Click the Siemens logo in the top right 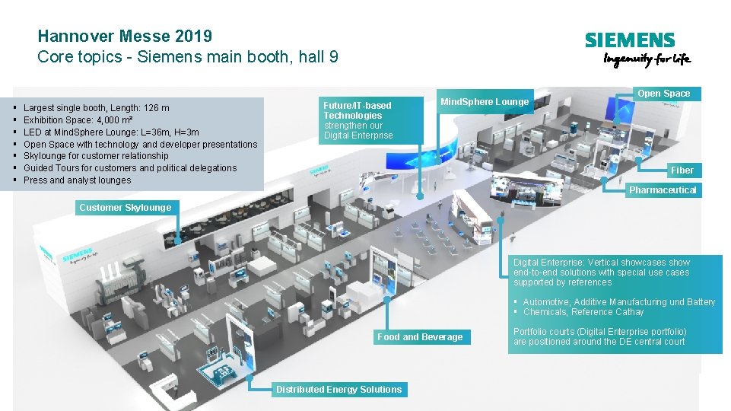[629, 40]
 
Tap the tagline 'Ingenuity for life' [647, 61]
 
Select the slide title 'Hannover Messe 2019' [125, 36]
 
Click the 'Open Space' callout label [663, 94]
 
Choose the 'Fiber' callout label [682, 170]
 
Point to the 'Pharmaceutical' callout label [662, 190]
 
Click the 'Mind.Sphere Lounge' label [485, 102]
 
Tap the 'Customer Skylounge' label [126, 207]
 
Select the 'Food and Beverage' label [420, 337]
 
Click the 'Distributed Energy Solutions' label [338, 390]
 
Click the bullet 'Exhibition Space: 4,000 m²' [78, 120]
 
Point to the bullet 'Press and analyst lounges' [77, 180]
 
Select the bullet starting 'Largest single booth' [97, 109]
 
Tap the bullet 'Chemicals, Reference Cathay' [583, 312]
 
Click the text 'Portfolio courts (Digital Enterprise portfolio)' [599, 332]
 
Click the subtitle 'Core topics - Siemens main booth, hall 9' [188, 57]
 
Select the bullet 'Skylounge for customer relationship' [96, 156]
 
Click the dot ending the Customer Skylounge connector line [177, 241]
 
